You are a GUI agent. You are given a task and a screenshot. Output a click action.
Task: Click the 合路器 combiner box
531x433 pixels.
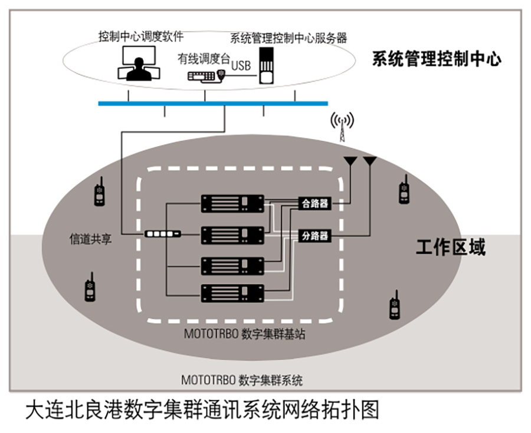[314, 203]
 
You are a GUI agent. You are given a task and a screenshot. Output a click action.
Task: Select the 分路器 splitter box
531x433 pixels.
[314, 235]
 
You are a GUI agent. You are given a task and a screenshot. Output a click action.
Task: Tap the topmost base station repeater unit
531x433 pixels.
[232, 203]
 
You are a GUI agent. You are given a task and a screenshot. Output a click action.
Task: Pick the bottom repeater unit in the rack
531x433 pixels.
[232, 293]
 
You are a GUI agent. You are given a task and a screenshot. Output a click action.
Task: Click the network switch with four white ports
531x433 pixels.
[163, 234]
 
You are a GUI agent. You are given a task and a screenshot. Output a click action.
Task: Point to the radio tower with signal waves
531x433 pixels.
[342, 127]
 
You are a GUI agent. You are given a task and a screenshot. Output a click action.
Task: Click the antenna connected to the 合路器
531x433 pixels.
[350, 161]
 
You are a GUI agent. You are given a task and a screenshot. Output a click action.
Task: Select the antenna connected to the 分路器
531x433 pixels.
[370, 161]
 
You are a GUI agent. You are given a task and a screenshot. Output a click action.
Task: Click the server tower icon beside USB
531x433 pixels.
[266, 65]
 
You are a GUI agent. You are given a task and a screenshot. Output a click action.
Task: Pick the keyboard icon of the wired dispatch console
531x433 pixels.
[202, 77]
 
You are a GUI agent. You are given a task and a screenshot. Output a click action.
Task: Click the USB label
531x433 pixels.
[241, 65]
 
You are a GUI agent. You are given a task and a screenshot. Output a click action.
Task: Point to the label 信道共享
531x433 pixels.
[90, 239]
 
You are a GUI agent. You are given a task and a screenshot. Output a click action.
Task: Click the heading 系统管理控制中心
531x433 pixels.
[437, 59]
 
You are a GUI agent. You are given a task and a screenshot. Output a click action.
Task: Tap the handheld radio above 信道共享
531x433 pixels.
[99, 191]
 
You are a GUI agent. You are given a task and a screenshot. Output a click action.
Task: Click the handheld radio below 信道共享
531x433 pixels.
[90, 287]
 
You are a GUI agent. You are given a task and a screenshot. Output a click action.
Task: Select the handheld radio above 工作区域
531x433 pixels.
[404, 189]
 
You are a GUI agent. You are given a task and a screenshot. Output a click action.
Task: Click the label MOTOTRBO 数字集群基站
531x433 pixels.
[244, 334]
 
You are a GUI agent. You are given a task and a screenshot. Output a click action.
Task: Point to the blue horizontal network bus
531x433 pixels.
[213, 104]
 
